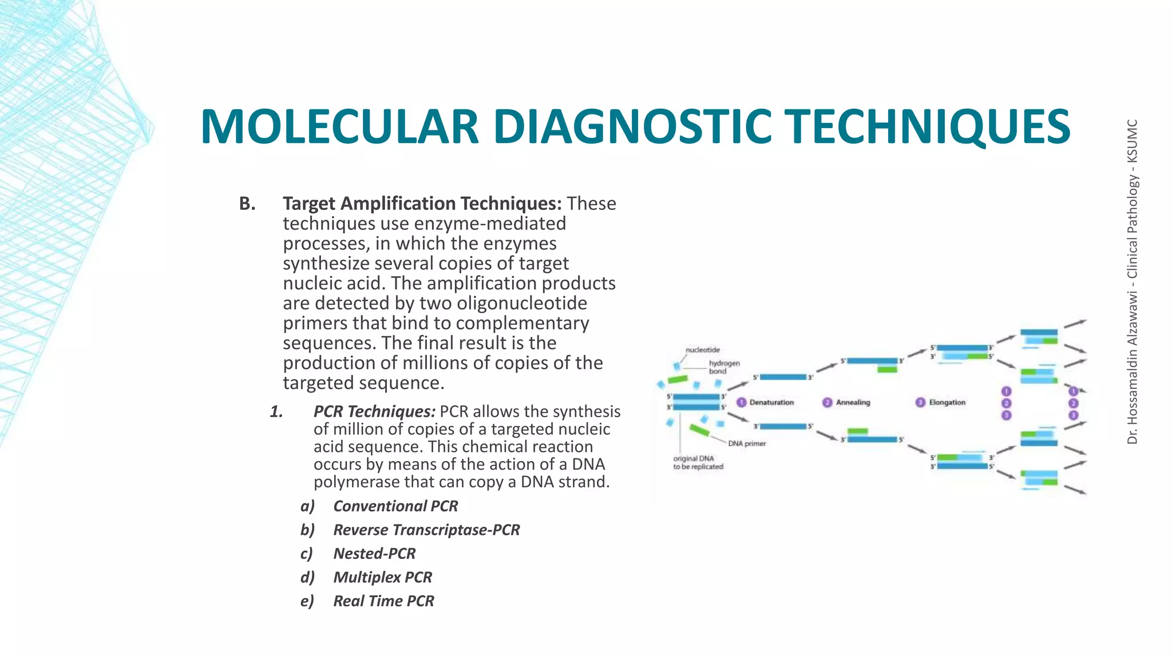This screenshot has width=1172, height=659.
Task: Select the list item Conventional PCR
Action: (x=395, y=506)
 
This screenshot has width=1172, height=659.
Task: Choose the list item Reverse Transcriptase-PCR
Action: (x=426, y=530)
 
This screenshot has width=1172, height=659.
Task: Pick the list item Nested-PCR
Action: (x=374, y=554)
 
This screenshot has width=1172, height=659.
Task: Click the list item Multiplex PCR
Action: (x=382, y=577)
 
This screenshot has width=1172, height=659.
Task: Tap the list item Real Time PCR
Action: (x=383, y=601)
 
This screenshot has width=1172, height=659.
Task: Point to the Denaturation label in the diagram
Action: (x=771, y=403)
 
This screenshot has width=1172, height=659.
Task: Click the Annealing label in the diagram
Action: (x=853, y=403)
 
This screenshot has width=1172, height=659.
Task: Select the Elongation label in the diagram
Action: (x=947, y=403)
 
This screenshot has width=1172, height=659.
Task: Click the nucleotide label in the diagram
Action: (x=703, y=350)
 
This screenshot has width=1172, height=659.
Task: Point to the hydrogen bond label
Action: (x=724, y=367)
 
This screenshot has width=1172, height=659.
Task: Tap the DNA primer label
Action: (x=746, y=443)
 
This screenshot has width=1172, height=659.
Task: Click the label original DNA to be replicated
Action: (x=698, y=463)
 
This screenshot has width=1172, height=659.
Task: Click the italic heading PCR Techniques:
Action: (x=374, y=412)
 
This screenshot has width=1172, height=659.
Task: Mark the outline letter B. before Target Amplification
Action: (x=247, y=204)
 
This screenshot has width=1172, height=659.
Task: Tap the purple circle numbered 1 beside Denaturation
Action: (x=742, y=402)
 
